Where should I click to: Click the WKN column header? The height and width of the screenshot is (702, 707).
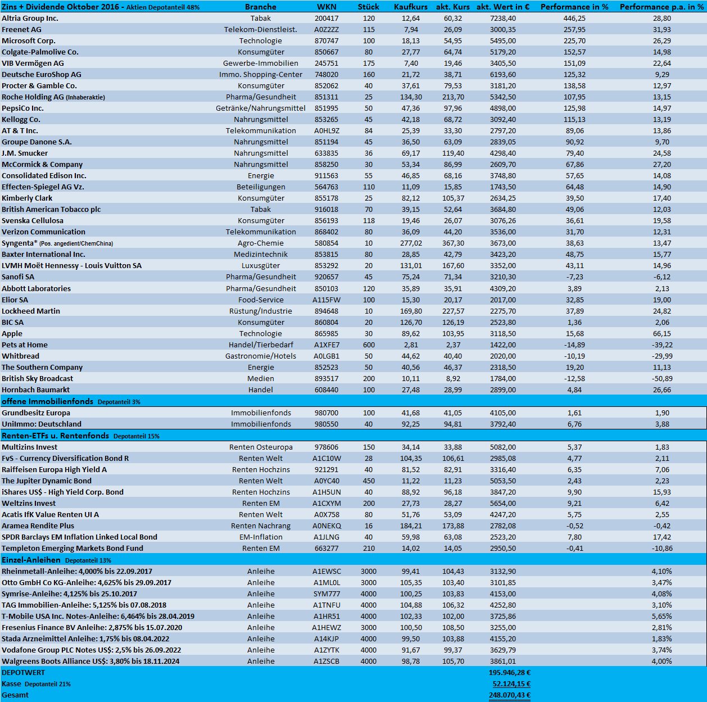point(327,7)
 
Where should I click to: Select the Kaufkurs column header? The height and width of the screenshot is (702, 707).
point(410,7)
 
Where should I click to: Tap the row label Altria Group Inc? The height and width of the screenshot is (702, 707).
point(30,18)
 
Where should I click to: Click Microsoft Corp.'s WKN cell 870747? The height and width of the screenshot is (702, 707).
point(327,40)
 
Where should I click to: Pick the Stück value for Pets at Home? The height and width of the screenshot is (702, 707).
point(369,345)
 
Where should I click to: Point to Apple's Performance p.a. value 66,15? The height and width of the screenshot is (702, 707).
point(661,333)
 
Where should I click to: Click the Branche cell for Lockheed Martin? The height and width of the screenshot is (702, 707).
point(261,311)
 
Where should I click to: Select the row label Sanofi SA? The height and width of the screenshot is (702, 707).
point(18,277)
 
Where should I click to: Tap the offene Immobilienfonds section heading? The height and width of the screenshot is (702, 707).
point(48,401)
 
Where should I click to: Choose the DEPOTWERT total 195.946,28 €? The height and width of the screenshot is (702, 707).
point(509,672)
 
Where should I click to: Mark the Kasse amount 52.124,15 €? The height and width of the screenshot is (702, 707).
point(511,683)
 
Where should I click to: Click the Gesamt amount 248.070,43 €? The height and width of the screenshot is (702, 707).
point(509,695)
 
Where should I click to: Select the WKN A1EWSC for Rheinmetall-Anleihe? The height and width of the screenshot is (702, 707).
point(327,571)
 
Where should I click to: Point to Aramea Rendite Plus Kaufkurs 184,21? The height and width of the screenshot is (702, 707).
point(410,526)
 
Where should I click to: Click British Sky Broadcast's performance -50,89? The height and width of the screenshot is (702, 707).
point(661,378)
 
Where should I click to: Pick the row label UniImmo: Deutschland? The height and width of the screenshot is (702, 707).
point(42,424)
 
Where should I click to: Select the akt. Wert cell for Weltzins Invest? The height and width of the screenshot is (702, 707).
point(502,503)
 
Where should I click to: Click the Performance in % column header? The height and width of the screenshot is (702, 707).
point(574,7)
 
